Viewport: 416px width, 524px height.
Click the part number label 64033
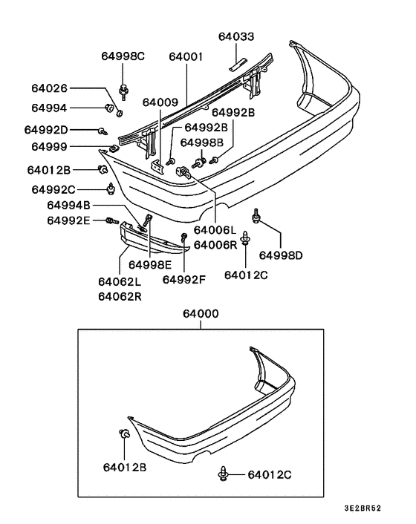click(x=235, y=36)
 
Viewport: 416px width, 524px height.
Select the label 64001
click(x=185, y=56)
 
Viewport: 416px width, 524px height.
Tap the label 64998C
click(x=123, y=56)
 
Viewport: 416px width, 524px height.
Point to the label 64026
click(x=49, y=88)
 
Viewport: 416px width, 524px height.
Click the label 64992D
click(x=49, y=130)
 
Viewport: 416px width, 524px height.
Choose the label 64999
click(x=49, y=148)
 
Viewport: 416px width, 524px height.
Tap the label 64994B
click(x=68, y=205)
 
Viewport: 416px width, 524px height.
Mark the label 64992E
click(x=68, y=220)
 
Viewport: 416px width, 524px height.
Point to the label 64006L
click(x=215, y=231)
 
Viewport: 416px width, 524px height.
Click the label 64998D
click(x=282, y=256)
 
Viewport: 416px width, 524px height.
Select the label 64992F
click(x=183, y=280)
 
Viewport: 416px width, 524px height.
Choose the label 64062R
click(x=120, y=296)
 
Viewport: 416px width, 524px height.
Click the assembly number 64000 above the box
click(x=200, y=315)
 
